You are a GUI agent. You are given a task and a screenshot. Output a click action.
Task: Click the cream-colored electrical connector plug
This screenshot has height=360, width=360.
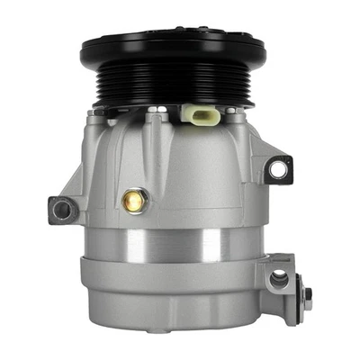point(197,117)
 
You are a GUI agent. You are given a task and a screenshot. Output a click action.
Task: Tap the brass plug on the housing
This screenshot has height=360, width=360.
point(131,201)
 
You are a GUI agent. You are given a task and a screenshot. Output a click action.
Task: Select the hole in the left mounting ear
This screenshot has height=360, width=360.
point(61,210)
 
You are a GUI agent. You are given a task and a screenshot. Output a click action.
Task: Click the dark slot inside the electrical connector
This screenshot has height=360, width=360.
point(198,114)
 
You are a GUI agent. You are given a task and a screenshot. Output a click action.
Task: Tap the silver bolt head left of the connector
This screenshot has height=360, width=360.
point(160,112)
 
